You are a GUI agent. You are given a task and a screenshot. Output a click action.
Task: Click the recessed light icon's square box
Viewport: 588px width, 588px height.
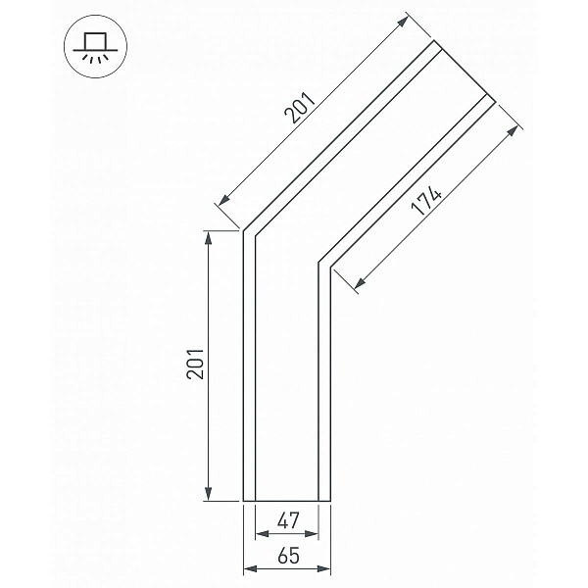[x=95, y=41]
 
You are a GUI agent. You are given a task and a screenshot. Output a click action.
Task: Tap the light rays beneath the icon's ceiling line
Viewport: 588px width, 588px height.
[x=95, y=58]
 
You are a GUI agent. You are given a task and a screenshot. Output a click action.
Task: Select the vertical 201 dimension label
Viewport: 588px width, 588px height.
[x=195, y=364]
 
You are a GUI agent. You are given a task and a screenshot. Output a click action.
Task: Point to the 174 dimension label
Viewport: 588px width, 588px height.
[x=426, y=200]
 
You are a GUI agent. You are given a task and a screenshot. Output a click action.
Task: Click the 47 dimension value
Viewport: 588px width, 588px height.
[x=288, y=520]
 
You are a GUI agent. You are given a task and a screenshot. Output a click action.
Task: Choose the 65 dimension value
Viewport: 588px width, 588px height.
[x=289, y=556]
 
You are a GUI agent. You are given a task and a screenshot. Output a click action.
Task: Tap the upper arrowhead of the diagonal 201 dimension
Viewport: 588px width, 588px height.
[x=402, y=22]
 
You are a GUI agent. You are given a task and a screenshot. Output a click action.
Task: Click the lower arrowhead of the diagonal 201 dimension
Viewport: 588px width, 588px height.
[x=224, y=200]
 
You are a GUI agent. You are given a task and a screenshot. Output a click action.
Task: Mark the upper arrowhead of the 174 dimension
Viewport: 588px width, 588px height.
[x=513, y=132]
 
